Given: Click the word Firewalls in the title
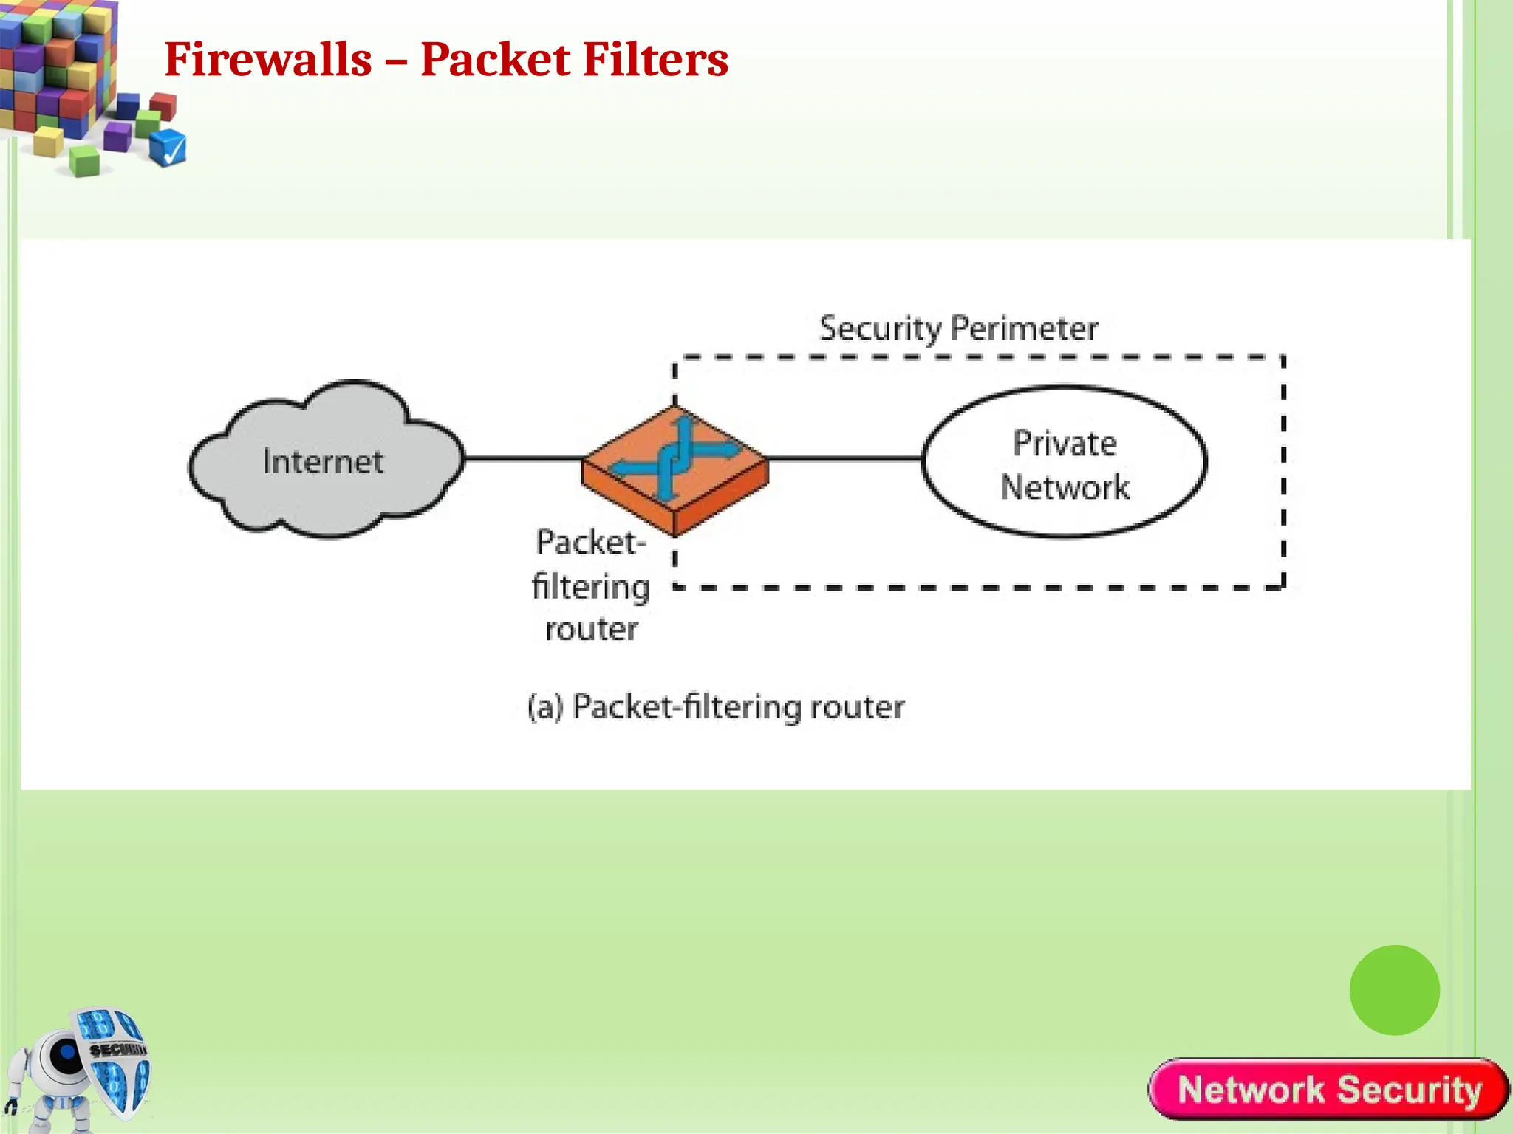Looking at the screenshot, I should pyautogui.click(x=267, y=59).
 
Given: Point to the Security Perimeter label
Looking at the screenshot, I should pyautogui.click(x=958, y=329).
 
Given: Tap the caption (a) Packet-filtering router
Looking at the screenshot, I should pyautogui.click(x=715, y=707).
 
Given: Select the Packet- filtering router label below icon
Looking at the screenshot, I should pyautogui.click(x=591, y=585).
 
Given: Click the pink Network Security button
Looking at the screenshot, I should pyautogui.click(x=1328, y=1090).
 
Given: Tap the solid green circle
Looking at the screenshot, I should pyautogui.click(x=1394, y=990).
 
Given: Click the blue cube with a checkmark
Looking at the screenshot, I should pyautogui.click(x=168, y=148).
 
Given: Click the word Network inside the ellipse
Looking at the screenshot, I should pyautogui.click(x=1064, y=487).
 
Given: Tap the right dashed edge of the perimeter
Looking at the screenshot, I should pyautogui.click(x=1283, y=472).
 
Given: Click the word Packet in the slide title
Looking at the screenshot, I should pyautogui.click(x=495, y=59).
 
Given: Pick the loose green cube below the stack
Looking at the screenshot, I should pyautogui.click(x=84, y=161).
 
